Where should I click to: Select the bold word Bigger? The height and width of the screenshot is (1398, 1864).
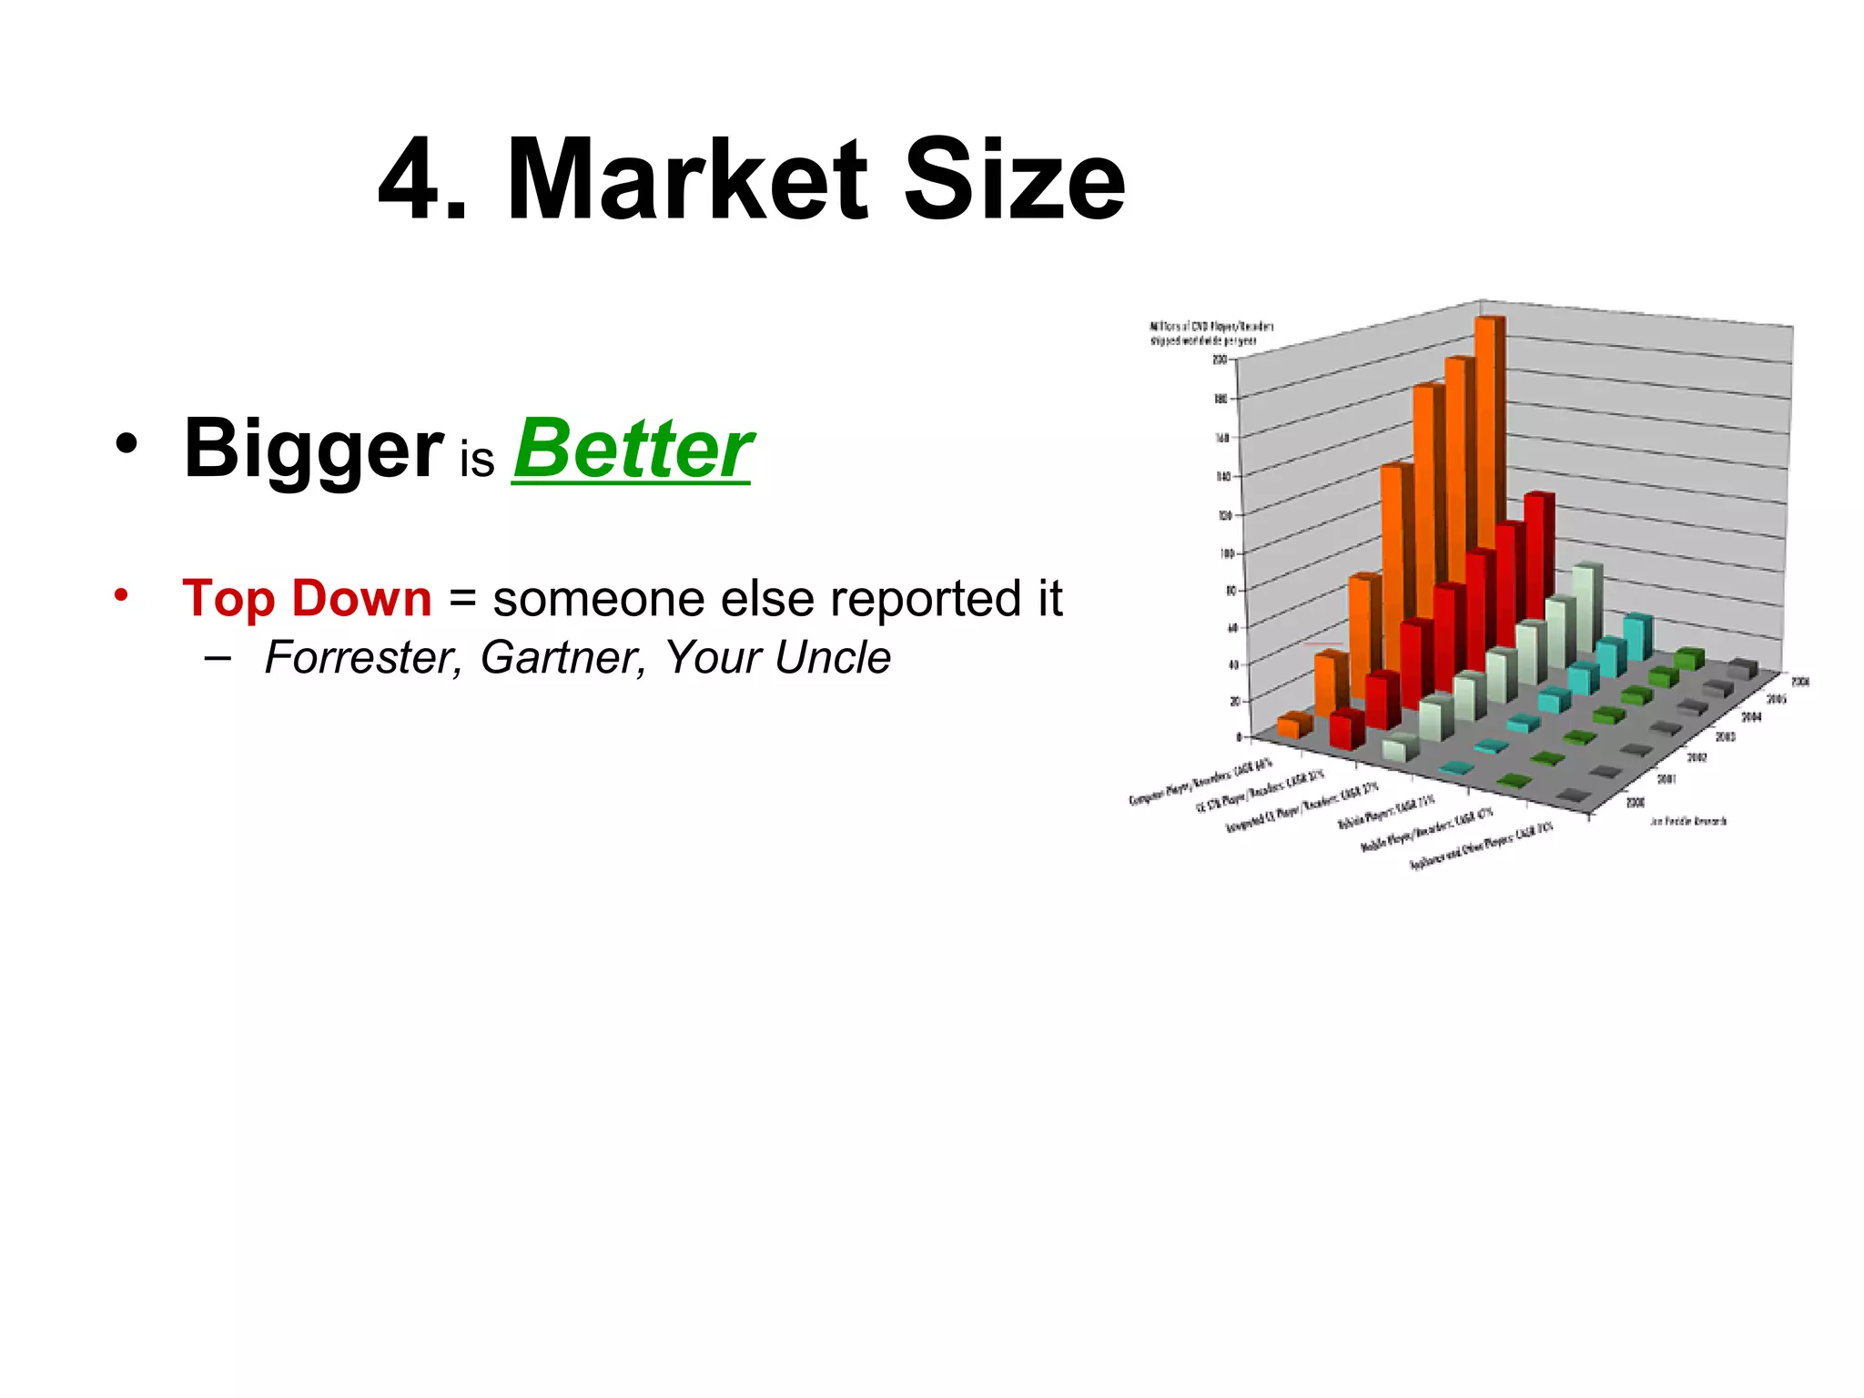tap(313, 450)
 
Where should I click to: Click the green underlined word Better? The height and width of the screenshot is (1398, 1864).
tap(633, 450)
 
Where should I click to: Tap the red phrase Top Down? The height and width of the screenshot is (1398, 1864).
tap(307, 599)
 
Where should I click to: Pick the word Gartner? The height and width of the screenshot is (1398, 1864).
tap(562, 657)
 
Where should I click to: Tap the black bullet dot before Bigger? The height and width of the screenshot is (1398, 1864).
tap(127, 445)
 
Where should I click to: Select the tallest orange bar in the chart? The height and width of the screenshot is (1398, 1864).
tap(1488, 455)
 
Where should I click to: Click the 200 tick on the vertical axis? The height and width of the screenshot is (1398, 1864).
tap(1220, 360)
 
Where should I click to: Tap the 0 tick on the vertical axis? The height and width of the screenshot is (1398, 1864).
tap(1240, 736)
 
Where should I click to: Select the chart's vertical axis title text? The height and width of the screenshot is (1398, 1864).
tap(1211, 333)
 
